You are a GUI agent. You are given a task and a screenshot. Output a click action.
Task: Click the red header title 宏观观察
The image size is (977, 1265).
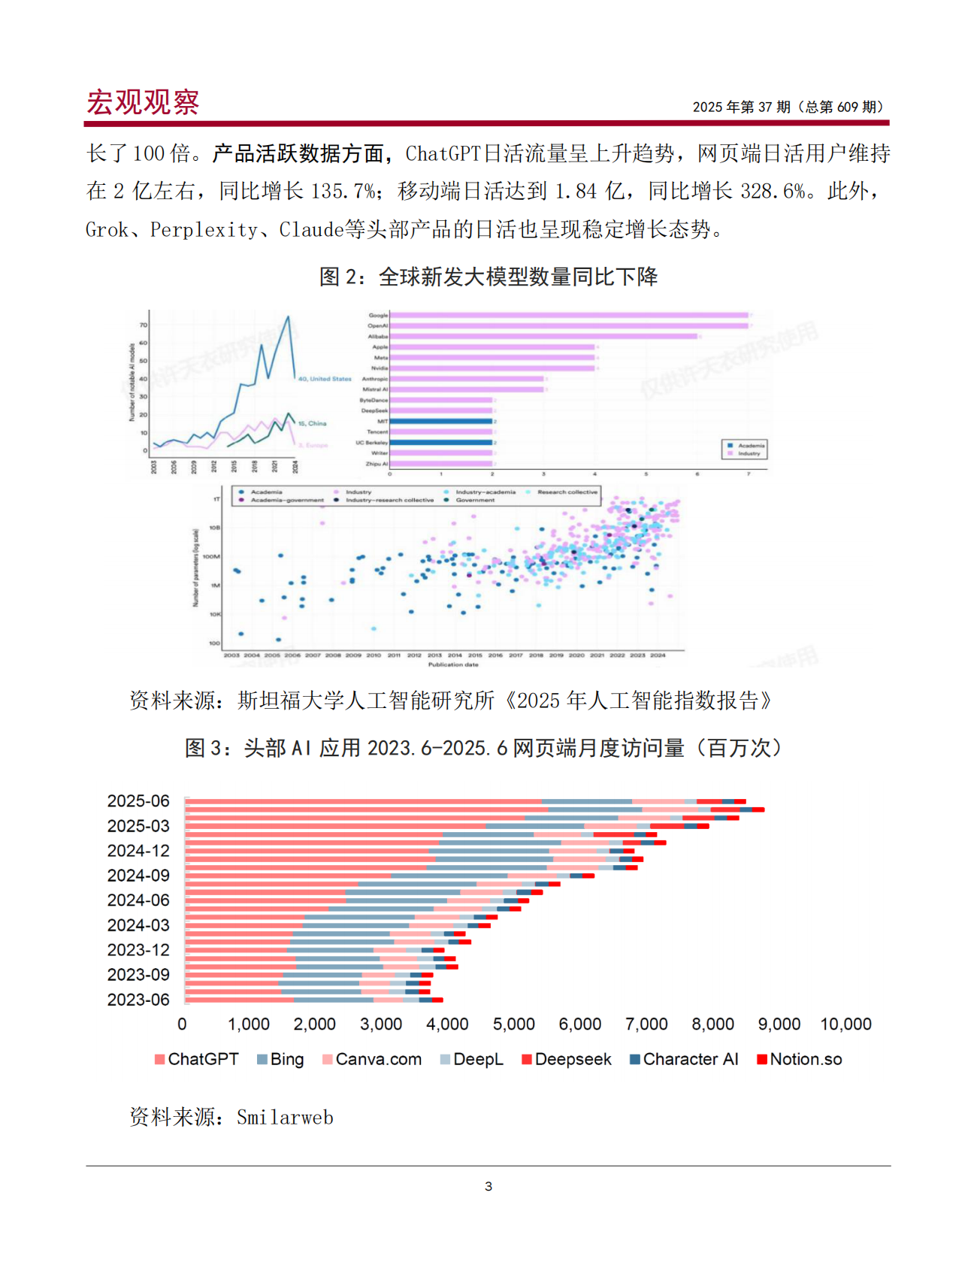pyautogui.click(x=143, y=102)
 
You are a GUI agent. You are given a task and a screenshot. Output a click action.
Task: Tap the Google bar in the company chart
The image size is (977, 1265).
pyautogui.click(x=569, y=315)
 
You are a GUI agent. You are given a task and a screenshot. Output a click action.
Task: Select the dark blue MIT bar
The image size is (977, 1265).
pyautogui.click(x=441, y=422)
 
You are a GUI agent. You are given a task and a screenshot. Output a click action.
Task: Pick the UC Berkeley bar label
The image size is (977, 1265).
pyautogui.click(x=371, y=443)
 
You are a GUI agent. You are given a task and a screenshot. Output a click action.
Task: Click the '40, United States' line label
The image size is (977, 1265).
pyautogui.click(x=325, y=379)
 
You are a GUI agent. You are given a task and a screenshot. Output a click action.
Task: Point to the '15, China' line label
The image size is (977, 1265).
pyautogui.click(x=312, y=423)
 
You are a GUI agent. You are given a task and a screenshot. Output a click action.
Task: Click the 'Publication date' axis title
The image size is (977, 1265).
pyautogui.click(x=453, y=664)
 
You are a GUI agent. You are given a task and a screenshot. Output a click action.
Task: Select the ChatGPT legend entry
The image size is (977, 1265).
pyautogui.click(x=196, y=1059)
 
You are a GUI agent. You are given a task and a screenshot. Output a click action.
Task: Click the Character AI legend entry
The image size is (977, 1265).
pyautogui.click(x=684, y=1059)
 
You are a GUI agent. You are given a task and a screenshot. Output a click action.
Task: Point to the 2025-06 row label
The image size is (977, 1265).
pyautogui.click(x=138, y=801)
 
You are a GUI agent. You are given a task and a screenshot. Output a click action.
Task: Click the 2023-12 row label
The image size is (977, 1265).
pyautogui.click(x=138, y=950)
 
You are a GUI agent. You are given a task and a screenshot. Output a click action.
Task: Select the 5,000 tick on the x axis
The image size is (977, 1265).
pyautogui.click(x=514, y=1024)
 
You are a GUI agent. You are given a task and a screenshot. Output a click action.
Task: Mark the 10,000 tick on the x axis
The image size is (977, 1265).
pyautogui.click(x=845, y=1024)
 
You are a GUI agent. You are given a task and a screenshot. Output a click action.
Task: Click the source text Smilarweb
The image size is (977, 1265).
pyautogui.click(x=285, y=1118)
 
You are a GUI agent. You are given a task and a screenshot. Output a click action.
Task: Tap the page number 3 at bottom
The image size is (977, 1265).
pyautogui.click(x=488, y=1187)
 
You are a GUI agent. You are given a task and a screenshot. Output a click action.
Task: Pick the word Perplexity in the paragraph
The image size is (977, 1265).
pyautogui.click(x=204, y=230)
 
